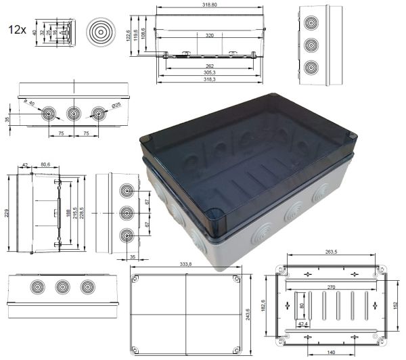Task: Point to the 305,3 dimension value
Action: click(209, 72)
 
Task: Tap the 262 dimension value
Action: click(209, 66)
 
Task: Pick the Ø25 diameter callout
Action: click(116, 104)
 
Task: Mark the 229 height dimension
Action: click(6, 212)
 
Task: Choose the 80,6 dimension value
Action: click(45, 164)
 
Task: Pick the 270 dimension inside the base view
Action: click(331, 287)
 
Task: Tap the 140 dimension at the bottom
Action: click(332, 353)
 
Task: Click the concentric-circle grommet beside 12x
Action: click(101, 30)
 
